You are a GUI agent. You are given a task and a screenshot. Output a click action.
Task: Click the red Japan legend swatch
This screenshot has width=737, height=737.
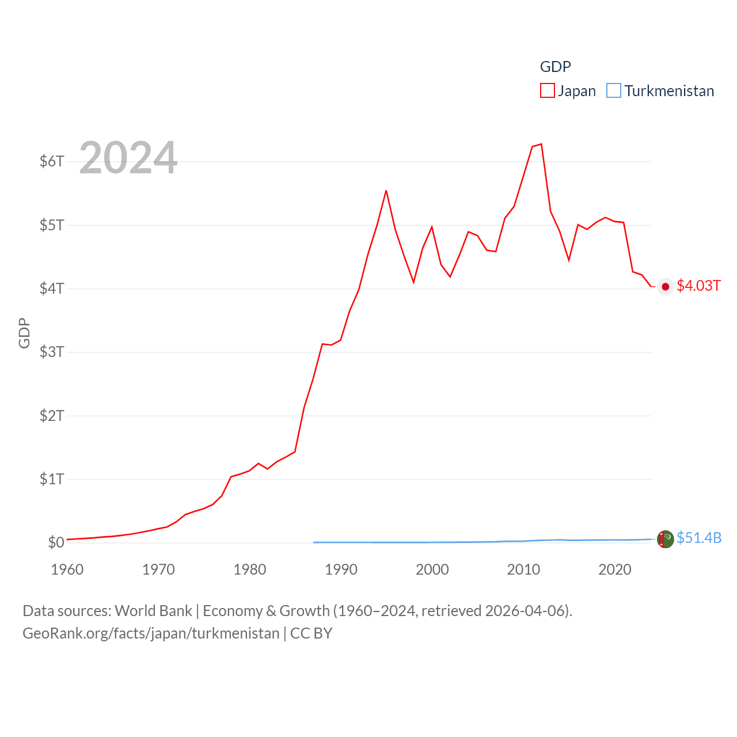(547, 91)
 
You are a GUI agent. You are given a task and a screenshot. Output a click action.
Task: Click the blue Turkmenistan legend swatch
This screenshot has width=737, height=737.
(614, 91)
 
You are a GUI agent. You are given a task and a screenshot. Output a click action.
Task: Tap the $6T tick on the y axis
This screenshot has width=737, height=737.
(52, 161)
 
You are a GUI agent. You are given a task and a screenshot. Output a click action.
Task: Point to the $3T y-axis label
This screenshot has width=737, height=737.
(52, 352)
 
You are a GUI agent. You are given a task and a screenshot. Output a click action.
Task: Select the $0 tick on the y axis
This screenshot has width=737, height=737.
(56, 542)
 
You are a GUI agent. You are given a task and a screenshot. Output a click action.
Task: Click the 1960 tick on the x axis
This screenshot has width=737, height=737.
(67, 569)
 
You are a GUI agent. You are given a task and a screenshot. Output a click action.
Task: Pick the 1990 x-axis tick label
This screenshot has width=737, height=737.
(341, 569)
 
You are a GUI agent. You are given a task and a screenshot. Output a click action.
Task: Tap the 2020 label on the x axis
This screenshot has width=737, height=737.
(615, 569)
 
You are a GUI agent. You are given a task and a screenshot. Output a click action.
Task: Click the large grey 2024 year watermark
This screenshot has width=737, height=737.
(128, 158)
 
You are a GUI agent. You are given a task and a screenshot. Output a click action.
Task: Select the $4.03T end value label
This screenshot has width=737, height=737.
(698, 286)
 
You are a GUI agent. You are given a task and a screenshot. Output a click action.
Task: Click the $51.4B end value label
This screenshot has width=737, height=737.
(699, 538)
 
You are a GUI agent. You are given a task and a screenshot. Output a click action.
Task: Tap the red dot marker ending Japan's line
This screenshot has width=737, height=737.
(666, 287)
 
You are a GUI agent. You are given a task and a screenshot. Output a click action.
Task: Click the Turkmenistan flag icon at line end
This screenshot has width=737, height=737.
(666, 539)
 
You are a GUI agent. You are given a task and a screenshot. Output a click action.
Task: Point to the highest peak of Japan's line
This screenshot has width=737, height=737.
(541, 144)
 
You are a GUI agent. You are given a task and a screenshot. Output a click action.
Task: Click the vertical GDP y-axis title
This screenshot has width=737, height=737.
(24, 333)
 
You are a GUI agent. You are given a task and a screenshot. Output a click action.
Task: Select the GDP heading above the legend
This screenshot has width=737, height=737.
(555, 67)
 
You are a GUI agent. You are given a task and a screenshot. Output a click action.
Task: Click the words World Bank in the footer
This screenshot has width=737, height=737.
(153, 610)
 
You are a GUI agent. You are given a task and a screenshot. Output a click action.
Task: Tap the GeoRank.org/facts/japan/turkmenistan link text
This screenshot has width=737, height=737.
(151, 633)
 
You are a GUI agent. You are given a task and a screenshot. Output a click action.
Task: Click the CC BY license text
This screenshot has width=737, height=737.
(311, 633)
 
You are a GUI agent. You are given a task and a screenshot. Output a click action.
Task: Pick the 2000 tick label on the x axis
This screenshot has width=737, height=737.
(432, 569)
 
